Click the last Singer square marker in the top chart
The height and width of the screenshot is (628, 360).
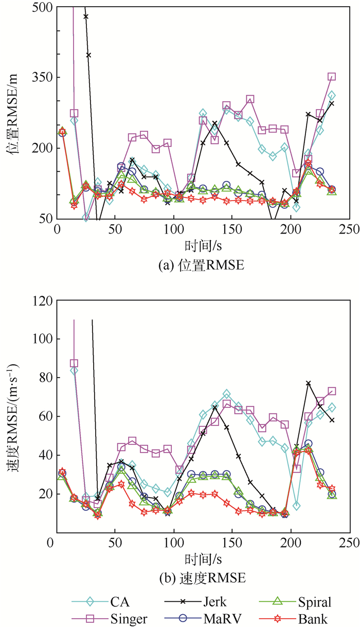pyautogui.click(x=332, y=77)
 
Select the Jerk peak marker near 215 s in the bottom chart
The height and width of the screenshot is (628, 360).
pyautogui.click(x=309, y=383)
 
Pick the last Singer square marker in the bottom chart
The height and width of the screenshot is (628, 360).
pyautogui.click(x=332, y=391)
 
